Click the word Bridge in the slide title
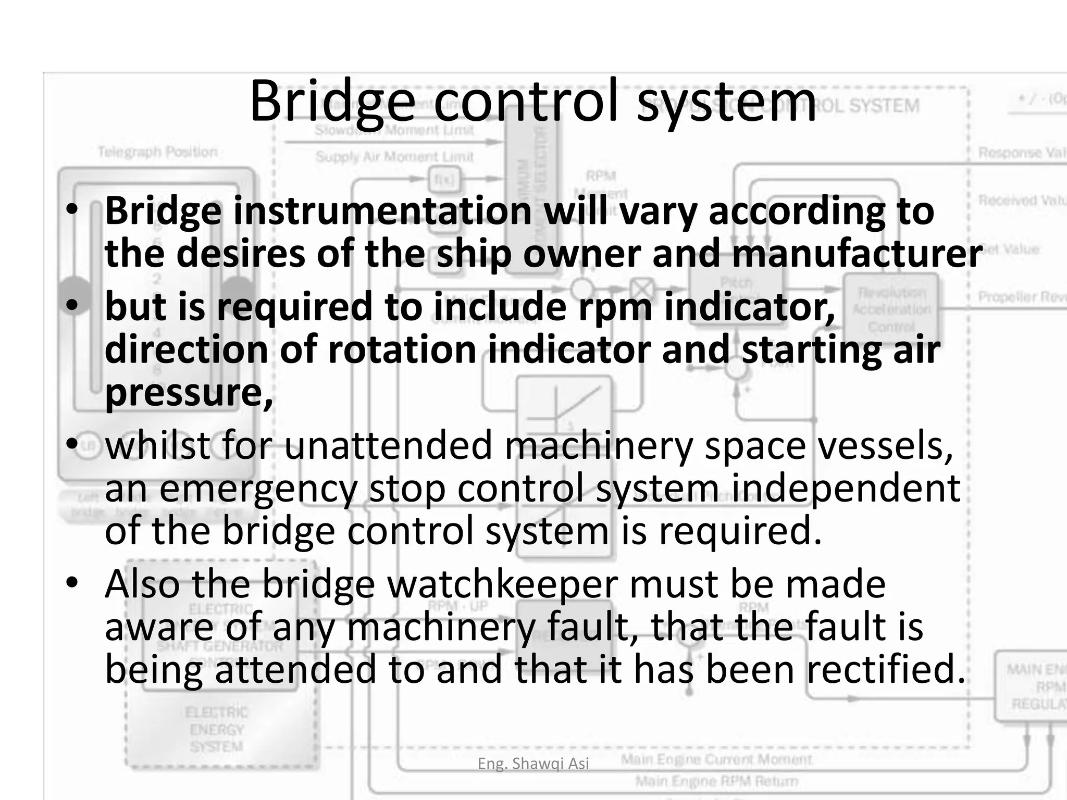(x=332, y=102)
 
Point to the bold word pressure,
(x=189, y=393)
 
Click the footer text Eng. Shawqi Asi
(x=533, y=764)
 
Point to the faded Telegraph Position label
(x=158, y=152)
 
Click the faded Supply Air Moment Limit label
(x=394, y=157)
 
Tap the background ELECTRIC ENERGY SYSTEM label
(x=217, y=729)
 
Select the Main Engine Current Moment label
(x=716, y=760)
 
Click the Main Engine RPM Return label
(x=716, y=781)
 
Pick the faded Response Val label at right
(x=1022, y=153)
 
